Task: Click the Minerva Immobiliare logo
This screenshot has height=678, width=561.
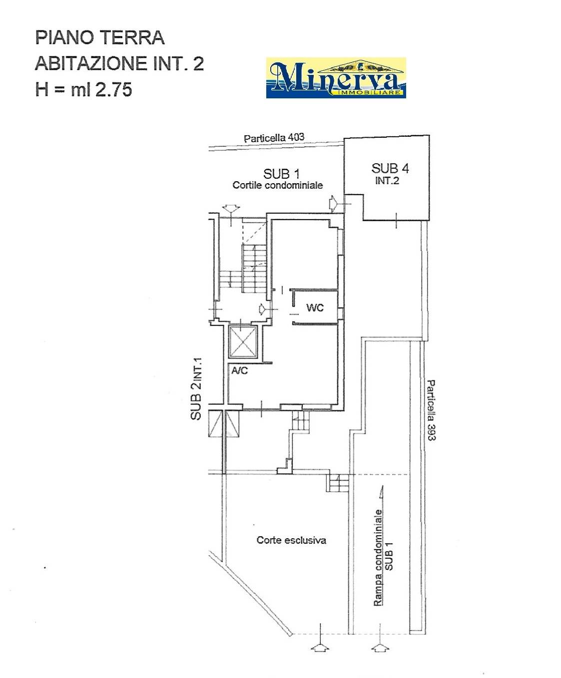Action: coord(336,78)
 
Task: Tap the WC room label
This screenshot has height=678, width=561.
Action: coord(315,307)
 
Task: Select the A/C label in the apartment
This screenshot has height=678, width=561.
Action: coord(239,370)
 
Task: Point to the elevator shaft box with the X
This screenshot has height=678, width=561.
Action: coord(243,341)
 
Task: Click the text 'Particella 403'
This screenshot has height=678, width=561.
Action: coord(274,138)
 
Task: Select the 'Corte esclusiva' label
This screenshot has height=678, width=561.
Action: coord(291,540)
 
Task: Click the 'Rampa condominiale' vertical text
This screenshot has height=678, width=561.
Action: coord(378,558)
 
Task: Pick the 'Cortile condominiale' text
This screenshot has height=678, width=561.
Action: coord(278,185)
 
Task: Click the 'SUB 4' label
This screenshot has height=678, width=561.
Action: coord(390,168)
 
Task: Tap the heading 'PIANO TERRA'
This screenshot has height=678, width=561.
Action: coord(100,37)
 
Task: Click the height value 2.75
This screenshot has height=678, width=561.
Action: coord(113,89)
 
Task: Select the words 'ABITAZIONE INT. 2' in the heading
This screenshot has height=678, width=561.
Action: coord(119,63)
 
